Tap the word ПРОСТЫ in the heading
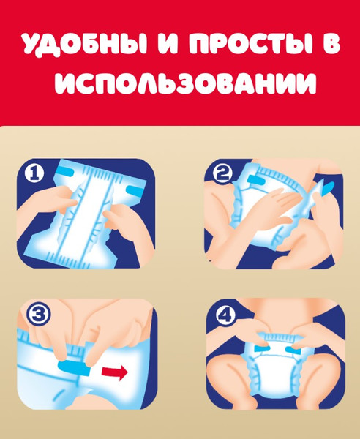click(x=242, y=45)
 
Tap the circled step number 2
click(x=222, y=174)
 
